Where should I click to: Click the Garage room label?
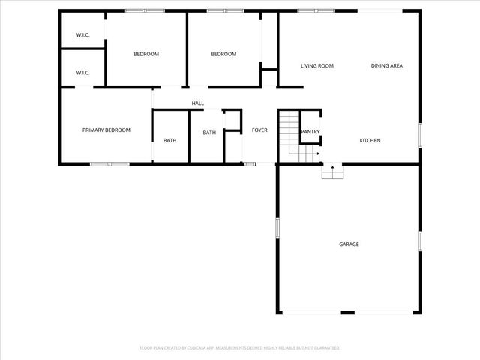coord(349,244)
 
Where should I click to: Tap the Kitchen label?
coord(370,141)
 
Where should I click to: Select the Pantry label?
coord(310,132)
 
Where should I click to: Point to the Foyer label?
coord(259,130)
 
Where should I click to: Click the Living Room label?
coord(316,66)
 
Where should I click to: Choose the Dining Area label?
coord(387,66)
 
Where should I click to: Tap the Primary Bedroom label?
coord(106,130)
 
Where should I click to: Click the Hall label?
coord(198,103)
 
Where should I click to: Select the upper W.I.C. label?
coord(82,36)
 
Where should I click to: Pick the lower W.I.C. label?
coord(82,73)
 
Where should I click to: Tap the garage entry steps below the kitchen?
coord(332,172)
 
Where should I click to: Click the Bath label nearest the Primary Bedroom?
coord(170,141)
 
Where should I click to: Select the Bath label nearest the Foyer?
coord(209,133)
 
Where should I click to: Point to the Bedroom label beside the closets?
coord(146,54)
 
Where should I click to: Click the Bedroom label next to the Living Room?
coord(223,54)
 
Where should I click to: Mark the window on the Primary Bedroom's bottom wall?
coord(109,163)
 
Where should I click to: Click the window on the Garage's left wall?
coord(277,228)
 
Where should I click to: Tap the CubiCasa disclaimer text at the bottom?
coord(240,348)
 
